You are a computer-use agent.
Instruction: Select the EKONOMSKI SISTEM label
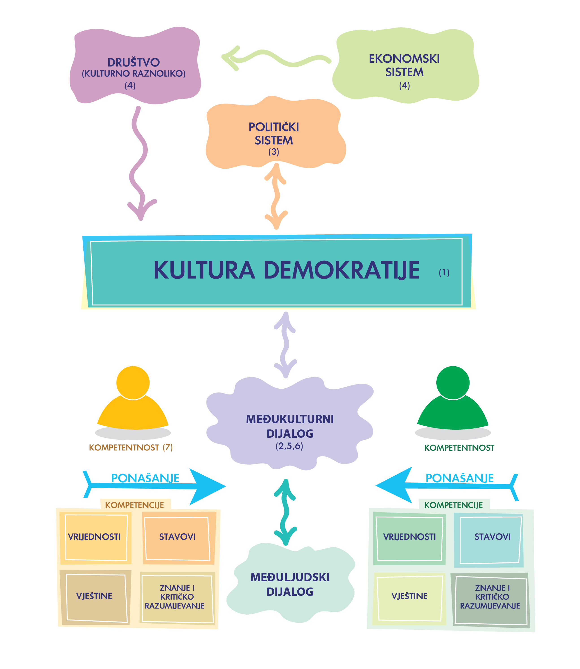click(404, 65)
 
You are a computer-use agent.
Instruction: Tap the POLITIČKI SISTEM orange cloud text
click(274, 133)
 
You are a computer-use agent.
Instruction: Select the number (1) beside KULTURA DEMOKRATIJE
click(444, 272)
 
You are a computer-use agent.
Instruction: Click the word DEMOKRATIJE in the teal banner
click(342, 270)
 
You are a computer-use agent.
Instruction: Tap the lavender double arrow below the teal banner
click(285, 345)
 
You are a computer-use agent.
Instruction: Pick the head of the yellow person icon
click(133, 382)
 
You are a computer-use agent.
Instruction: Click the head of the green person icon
click(453, 382)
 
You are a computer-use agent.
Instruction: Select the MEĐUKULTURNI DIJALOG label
click(290, 426)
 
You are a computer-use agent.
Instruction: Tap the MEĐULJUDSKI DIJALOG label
click(290, 584)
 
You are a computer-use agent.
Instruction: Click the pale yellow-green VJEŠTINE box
click(409, 596)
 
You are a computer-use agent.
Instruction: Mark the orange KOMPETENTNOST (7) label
click(131, 448)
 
